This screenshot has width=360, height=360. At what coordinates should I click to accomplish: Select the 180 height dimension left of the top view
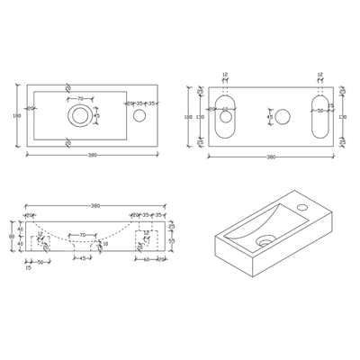click(17, 115)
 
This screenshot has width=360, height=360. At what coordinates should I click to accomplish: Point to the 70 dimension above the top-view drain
click(80, 99)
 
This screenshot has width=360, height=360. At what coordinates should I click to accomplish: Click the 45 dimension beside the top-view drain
click(97, 115)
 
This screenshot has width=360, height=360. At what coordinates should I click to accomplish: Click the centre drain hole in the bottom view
click(283, 116)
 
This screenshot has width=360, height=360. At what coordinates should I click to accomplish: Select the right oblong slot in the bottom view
click(319, 116)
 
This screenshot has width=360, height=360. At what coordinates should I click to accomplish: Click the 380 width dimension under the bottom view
click(271, 157)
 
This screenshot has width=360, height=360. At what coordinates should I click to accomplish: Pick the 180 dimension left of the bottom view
click(187, 116)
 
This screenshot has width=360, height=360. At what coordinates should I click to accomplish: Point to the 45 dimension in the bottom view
click(270, 116)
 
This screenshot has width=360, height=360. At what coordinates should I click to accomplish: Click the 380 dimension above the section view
click(95, 206)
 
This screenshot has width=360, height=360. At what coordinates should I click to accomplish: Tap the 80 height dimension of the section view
click(12, 237)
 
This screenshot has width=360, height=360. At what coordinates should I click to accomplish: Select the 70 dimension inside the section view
click(82, 235)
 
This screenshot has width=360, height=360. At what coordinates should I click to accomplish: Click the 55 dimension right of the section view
click(172, 241)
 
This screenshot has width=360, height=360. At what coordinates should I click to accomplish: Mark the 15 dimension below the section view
click(28, 267)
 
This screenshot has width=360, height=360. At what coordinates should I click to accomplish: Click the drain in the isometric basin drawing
click(265, 241)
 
